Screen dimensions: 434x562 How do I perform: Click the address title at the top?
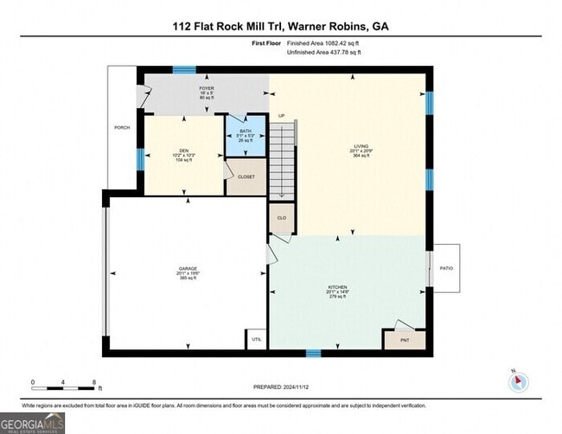tap(280, 26)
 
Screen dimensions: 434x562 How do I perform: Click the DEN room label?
tap(182, 150)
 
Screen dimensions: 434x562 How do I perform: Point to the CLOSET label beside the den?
tap(246, 176)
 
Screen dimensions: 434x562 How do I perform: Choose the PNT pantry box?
tap(406, 340)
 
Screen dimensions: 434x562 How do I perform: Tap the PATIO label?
tap(445, 268)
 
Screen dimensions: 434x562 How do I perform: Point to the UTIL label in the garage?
tap(257, 339)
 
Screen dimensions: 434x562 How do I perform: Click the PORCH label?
tap(122, 128)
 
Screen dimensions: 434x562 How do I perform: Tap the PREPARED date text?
tap(281, 387)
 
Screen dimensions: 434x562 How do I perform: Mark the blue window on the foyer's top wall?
tap(184, 70)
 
